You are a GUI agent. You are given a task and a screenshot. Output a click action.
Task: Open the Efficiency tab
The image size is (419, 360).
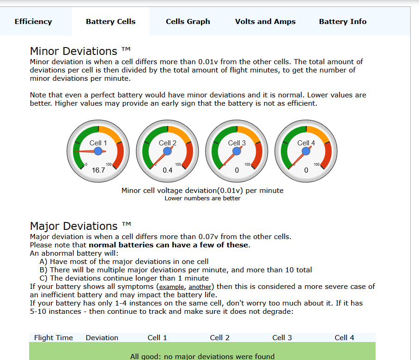(33, 21)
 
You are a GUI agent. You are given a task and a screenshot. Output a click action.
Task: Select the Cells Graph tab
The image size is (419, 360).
(188, 21)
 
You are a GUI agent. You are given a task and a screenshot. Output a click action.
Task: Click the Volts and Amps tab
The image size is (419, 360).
(265, 21)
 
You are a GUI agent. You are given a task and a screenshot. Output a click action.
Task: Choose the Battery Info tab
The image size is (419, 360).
(343, 21)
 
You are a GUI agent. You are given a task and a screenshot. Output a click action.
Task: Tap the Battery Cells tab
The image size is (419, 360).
(110, 21)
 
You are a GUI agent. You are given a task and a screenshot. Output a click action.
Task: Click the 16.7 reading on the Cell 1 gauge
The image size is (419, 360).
(98, 170)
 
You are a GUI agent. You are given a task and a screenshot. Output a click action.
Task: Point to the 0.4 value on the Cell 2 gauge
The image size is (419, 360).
(168, 170)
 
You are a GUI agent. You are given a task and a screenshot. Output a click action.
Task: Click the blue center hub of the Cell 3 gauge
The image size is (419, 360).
(237, 151)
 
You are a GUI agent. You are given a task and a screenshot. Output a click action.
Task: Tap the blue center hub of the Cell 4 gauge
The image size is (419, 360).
(306, 151)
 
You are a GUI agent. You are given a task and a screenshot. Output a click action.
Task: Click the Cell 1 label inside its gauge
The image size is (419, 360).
(98, 143)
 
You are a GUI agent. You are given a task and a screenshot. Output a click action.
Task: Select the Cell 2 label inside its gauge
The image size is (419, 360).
(168, 143)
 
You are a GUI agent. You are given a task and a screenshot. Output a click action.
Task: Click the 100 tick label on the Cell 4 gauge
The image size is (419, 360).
(316, 164)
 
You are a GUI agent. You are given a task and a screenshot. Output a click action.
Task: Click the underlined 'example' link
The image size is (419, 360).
(171, 287)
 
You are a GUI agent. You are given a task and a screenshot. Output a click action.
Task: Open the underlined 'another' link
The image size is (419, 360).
(200, 287)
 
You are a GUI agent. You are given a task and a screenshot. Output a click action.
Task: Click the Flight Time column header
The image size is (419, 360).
(54, 338)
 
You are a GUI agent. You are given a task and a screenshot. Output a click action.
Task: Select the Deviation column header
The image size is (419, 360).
(102, 338)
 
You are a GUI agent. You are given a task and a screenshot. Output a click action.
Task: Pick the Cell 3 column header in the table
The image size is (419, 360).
(282, 338)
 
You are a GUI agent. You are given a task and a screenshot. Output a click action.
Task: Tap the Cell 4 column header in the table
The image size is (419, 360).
(344, 338)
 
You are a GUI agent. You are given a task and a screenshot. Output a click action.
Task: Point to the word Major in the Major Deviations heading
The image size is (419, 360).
(45, 226)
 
